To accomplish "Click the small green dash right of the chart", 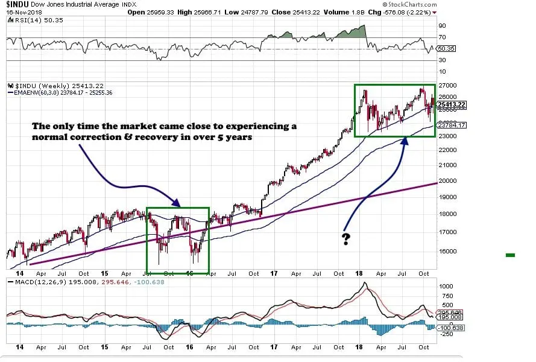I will [510, 256].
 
